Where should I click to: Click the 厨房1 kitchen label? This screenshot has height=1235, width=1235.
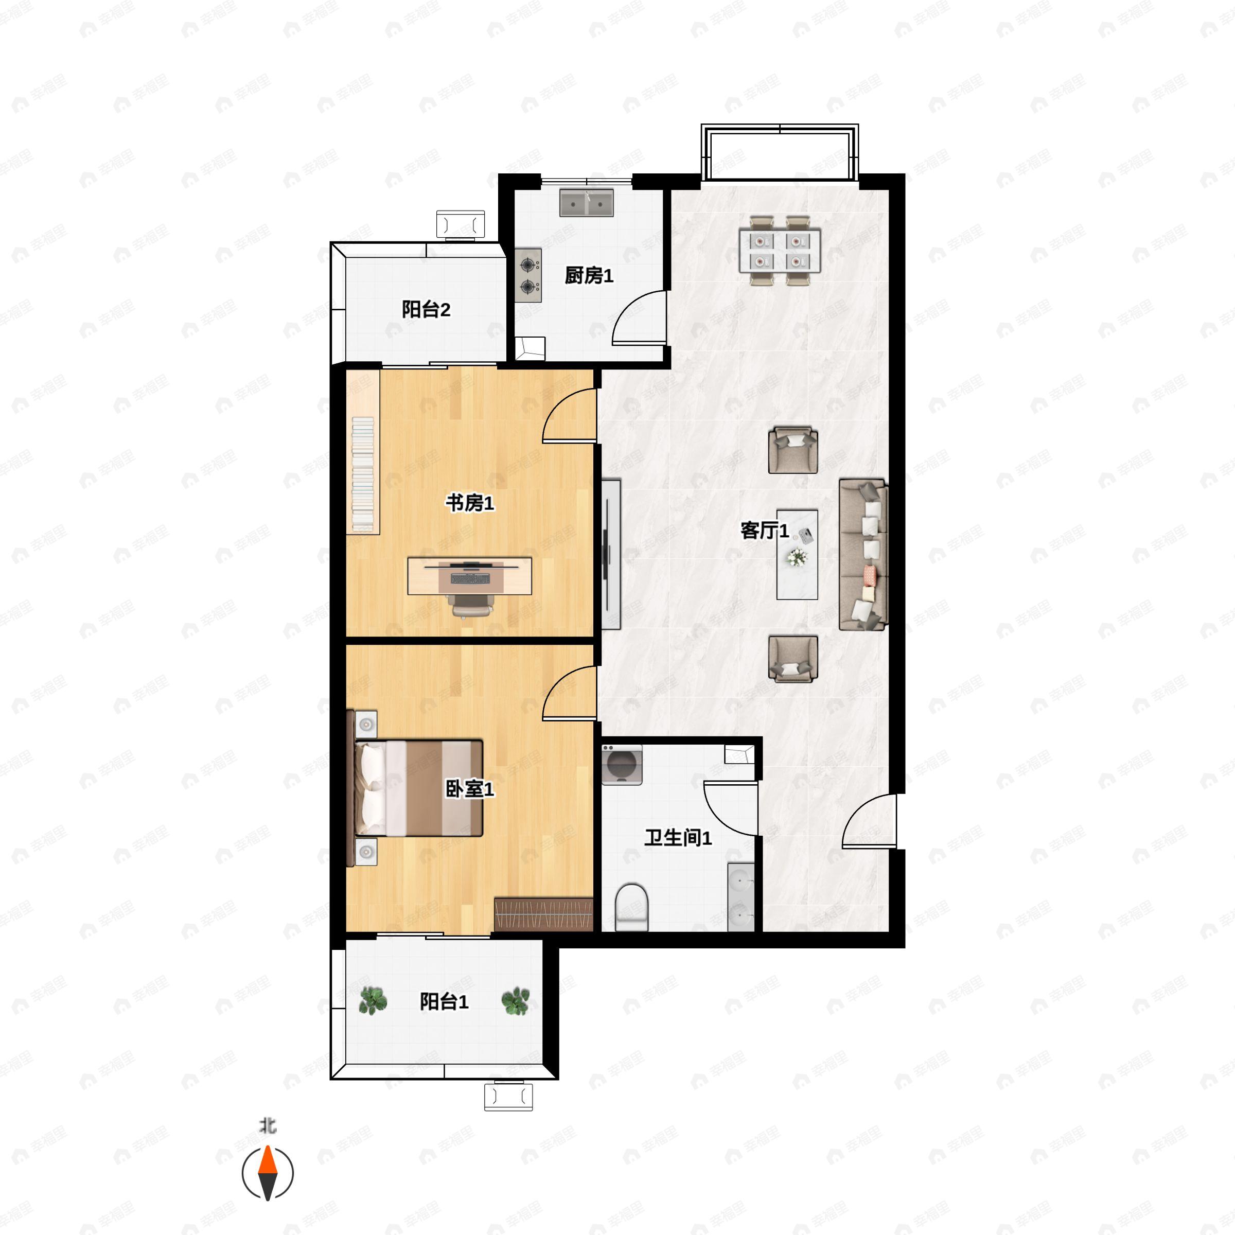(588, 275)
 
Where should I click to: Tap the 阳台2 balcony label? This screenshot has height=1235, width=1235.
(426, 309)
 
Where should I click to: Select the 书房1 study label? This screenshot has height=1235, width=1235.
(470, 503)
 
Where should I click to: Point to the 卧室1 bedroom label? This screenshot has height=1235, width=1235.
(470, 789)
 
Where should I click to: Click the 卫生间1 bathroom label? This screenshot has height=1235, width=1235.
(678, 837)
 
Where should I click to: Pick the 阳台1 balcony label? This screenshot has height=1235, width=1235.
(444, 1001)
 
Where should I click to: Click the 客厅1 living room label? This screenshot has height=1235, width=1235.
(764, 530)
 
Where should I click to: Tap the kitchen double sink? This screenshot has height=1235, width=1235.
(586, 203)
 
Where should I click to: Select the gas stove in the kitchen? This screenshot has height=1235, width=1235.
(528, 275)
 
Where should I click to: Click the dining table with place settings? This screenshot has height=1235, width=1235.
(779, 251)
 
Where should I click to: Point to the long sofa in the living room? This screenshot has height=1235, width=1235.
(863, 555)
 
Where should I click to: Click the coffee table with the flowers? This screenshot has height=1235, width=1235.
(797, 554)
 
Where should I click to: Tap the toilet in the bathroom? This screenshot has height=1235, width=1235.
(631, 906)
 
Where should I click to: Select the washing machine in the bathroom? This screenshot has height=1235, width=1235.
(621, 765)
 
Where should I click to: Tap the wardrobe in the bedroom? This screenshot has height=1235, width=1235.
(543, 914)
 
